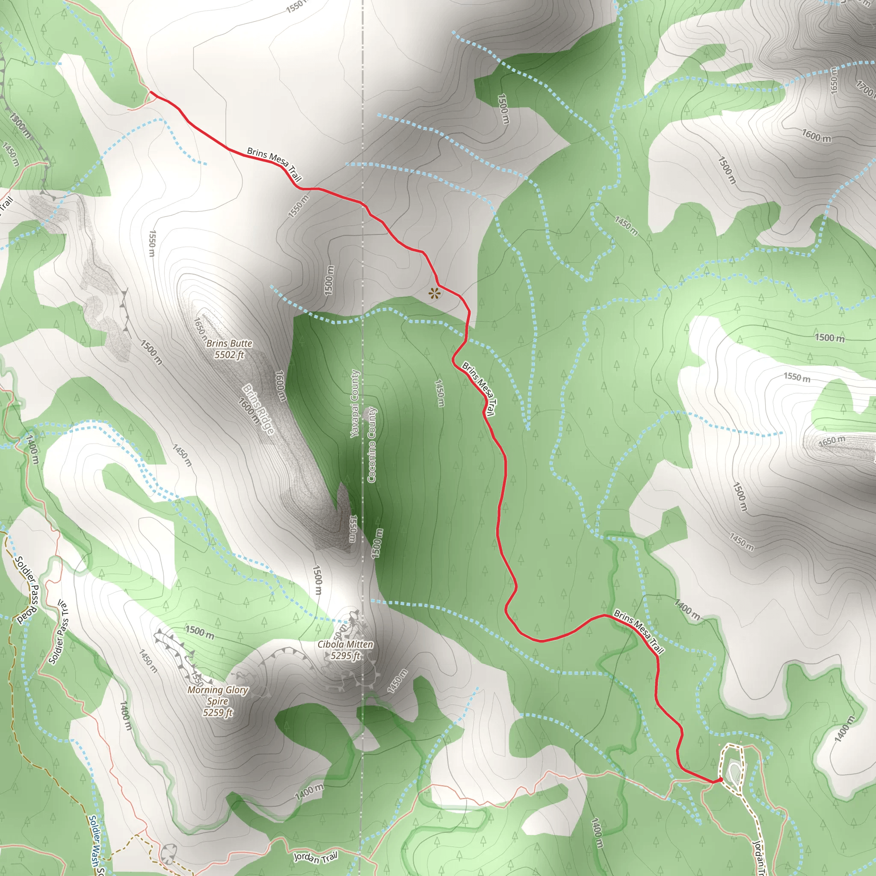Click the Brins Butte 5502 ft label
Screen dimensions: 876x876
[229, 349]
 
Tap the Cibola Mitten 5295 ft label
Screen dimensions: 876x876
[346, 650]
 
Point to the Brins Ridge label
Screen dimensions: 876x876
[258, 409]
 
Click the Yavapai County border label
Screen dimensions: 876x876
[355, 404]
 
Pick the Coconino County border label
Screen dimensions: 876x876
[372, 445]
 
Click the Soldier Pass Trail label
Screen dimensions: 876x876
[59, 632]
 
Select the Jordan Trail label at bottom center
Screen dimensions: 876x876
[316, 856]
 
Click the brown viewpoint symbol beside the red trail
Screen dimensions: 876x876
[435, 293]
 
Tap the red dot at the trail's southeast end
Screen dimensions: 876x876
[720, 780]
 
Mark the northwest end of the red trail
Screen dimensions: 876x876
[150, 92]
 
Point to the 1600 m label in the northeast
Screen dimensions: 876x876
[816, 135]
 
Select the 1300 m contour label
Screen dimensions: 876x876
[20, 126]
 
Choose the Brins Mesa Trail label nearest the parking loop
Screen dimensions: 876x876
[639, 632]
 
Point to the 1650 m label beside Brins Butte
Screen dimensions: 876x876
[200, 329]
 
